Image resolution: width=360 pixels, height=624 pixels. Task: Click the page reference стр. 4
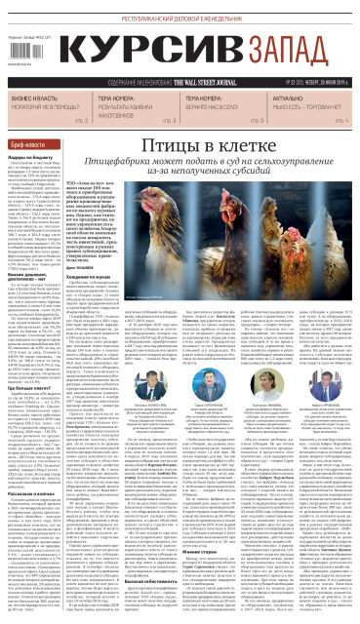[340, 120]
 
